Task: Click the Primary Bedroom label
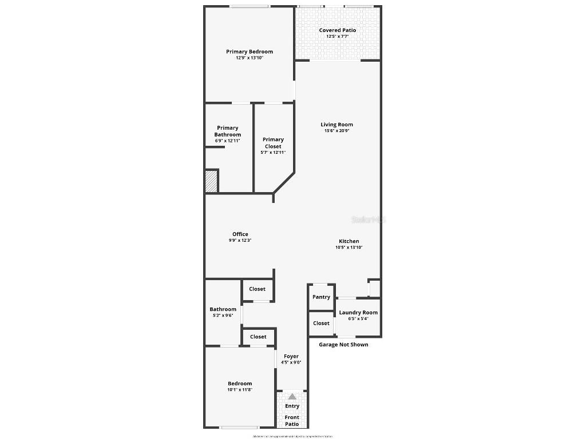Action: click(250, 51)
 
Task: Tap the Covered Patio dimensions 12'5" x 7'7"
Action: click(338, 37)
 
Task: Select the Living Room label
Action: click(336, 125)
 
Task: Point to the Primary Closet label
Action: click(273, 143)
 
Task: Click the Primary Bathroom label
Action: click(228, 131)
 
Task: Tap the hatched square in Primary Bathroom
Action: click(212, 181)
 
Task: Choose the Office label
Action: click(240, 234)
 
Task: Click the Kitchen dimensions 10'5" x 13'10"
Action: click(349, 248)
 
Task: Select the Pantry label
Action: click(322, 297)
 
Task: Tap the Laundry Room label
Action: click(358, 313)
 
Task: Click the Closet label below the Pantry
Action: click(322, 323)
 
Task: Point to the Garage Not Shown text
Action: click(343, 345)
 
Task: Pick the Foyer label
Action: click(291, 356)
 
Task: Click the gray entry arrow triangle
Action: click(292, 396)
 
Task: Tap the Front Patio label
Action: click(292, 421)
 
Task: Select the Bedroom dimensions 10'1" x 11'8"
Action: click(240, 390)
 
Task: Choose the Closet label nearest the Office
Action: click(257, 289)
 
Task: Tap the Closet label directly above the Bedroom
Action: click(258, 337)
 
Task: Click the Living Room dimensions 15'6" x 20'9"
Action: click(336, 131)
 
